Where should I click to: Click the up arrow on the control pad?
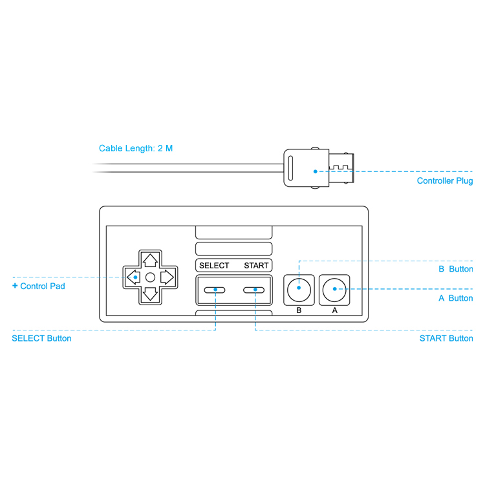[150, 261]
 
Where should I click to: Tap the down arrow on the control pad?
[150, 294]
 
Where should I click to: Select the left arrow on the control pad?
[133, 277]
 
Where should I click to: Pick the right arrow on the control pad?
[167, 277]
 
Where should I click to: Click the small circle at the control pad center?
[150, 277]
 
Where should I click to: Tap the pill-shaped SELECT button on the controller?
[214, 290]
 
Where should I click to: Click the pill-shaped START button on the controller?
[254, 290]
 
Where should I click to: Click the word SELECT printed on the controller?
[214, 266]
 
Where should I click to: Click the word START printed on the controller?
[256, 266]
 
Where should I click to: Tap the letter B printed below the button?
[299, 310]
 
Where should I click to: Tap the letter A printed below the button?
[334, 310]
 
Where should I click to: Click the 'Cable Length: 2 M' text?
[136, 149]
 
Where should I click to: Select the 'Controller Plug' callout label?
[445, 181]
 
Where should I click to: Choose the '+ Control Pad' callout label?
[39, 286]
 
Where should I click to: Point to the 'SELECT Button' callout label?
[41, 338]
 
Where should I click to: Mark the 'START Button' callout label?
[446, 338]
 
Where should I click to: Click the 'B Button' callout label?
[456, 269]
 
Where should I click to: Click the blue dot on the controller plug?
[315, 171]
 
